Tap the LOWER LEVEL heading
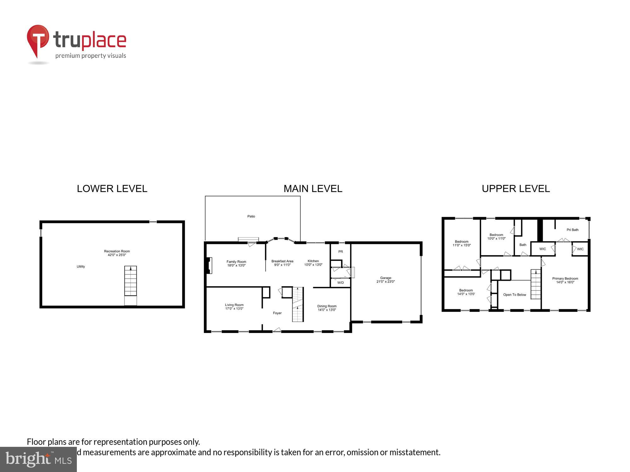tap(112, 188)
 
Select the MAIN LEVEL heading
tap(312, 188)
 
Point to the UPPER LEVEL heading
tap(516, 188)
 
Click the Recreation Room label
tap(117, 251)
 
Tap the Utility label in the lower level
tap(81, 267)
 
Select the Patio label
tap(251, 216)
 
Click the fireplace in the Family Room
tap(209, 266)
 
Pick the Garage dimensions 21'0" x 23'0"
tap(385, 282)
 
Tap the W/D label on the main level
tap(340, 283)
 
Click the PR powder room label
tap(340, 252)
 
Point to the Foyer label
tap(277, 313)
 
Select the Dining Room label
tap(327, 306)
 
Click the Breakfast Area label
tap(282, 261)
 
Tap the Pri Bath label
tap(572, 230)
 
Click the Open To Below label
tap(514, 295)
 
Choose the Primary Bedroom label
tap(565, 278)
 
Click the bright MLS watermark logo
tap(38, 460)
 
